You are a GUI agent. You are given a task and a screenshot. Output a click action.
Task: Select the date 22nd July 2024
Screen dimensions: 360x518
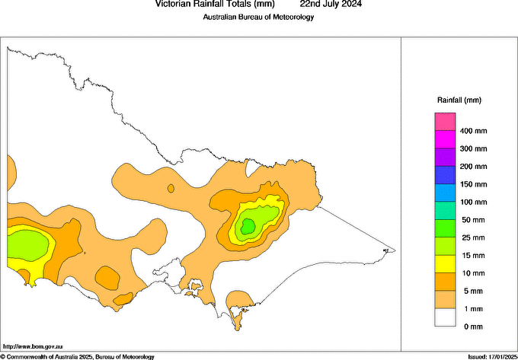(331, 4)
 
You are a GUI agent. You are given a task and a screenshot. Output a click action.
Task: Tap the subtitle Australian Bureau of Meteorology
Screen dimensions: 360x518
(258, 17)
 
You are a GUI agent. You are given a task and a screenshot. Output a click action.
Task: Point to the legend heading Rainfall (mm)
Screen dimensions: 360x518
(459, 100)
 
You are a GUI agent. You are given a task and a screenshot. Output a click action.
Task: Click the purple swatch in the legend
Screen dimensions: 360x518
(445, 158)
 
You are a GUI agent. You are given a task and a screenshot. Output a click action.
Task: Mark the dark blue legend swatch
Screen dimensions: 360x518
(445, 175)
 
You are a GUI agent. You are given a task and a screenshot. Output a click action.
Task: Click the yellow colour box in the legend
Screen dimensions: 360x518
(445, 264)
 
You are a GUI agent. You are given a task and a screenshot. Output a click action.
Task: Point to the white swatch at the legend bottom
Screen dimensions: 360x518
(445, 317)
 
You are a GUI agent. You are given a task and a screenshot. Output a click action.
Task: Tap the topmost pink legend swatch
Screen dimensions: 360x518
(445, 122)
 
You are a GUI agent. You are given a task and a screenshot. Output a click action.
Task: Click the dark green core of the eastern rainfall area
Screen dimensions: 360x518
(248, 225)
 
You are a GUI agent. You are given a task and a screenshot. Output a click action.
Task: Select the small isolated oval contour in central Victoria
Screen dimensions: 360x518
(171, 188)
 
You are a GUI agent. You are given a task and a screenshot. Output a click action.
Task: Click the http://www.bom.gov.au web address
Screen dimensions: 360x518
(34, 346)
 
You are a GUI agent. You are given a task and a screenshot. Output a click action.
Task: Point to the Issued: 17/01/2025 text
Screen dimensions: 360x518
(491, 356)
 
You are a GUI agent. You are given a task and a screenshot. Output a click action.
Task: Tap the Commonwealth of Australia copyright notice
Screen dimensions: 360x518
(78, 356)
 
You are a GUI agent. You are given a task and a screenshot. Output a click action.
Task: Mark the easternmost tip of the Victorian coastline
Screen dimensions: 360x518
(395, 250)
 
